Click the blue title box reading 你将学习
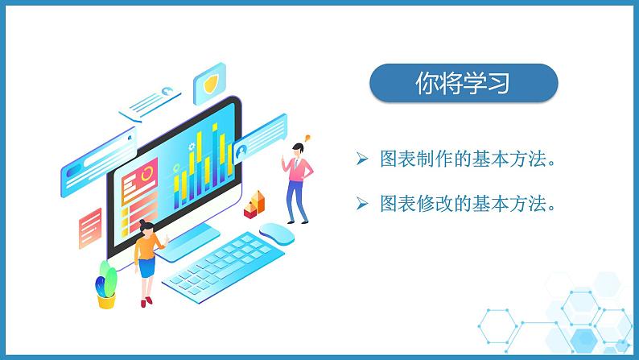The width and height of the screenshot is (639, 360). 463,84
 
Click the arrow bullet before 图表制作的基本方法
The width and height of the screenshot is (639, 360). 362,159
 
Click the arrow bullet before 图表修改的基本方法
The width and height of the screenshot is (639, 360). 362,205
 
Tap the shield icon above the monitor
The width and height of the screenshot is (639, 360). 210,83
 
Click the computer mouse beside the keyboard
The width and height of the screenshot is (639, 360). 278,234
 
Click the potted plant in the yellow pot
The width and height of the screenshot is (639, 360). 105,286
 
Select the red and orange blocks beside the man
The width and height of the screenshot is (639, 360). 256,203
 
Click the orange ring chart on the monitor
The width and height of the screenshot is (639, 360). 146,174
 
